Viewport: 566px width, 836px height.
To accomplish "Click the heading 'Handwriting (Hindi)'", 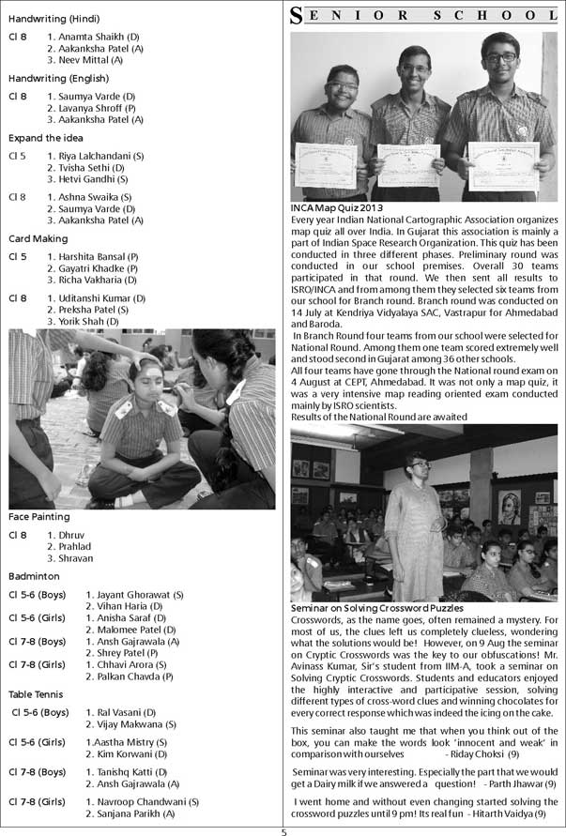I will (54, 19).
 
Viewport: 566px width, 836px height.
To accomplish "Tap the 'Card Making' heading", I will (38, 238).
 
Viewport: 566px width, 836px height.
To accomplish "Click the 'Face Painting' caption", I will (38, 517).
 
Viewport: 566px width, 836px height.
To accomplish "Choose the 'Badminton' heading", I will (34, 576).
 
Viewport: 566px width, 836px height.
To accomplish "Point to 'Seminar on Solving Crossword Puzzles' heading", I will (377, 609).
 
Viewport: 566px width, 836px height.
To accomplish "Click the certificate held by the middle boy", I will (408, 165).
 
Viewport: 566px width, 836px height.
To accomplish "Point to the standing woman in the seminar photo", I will (414, 525).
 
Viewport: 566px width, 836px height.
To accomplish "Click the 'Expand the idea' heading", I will (46, 138).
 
